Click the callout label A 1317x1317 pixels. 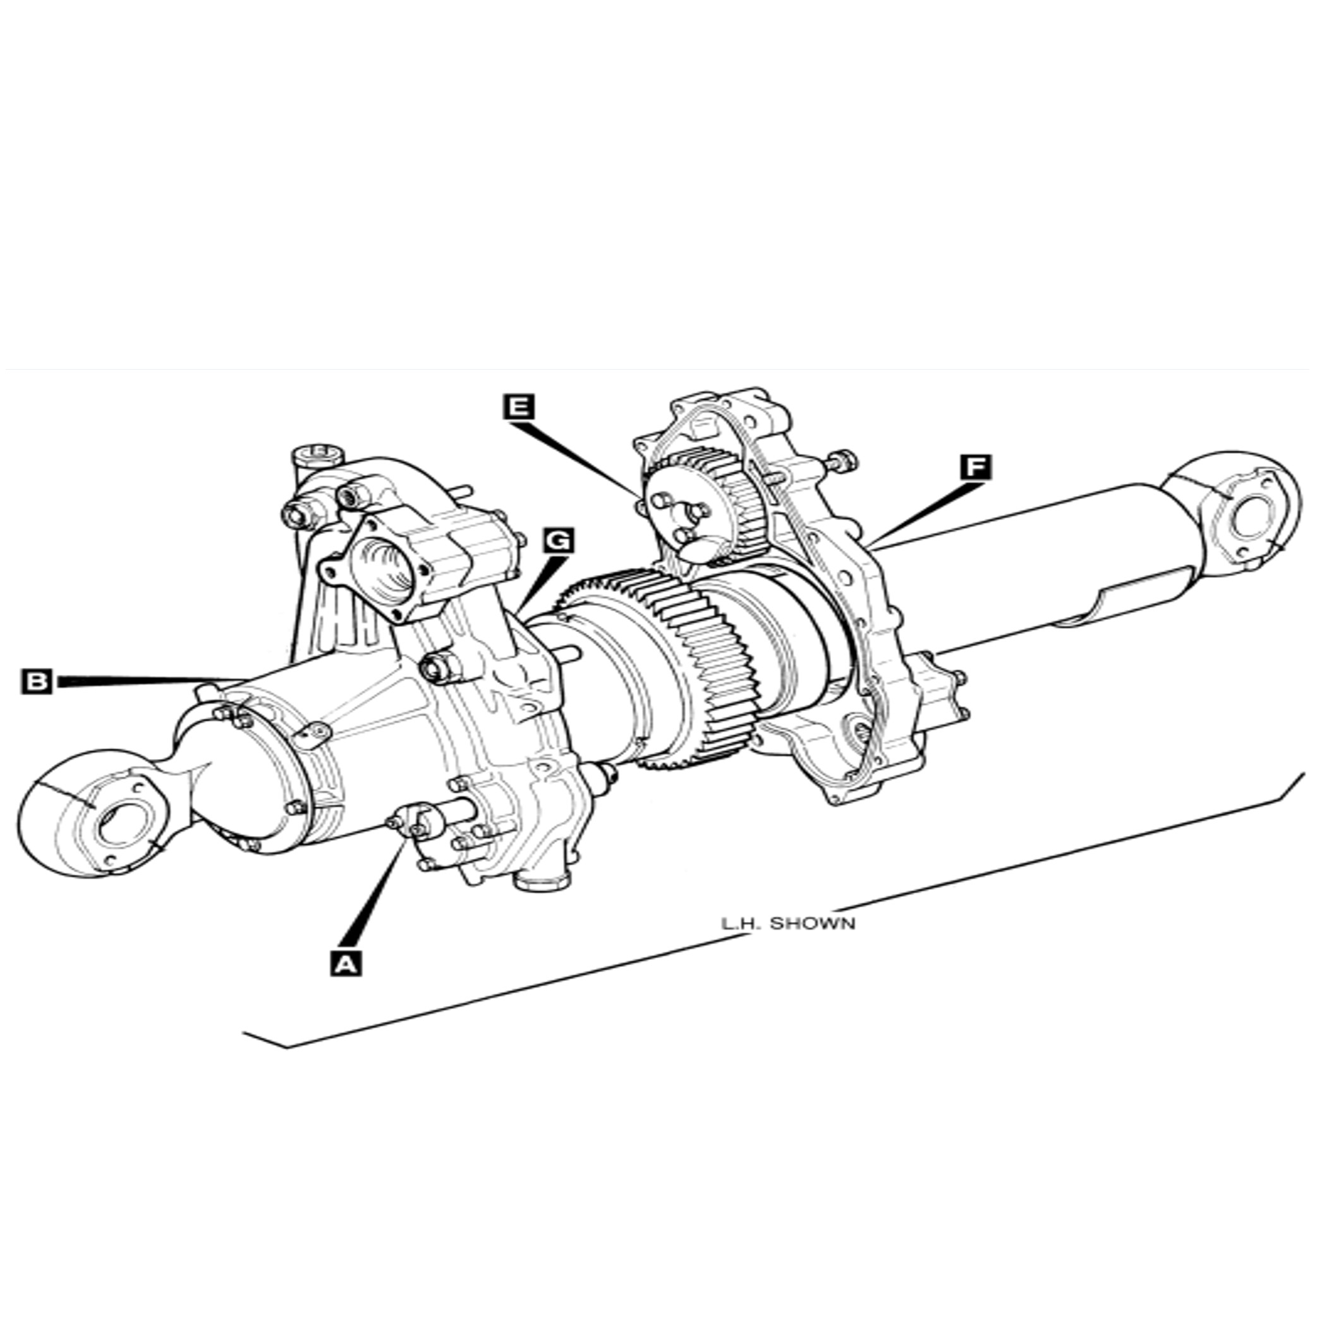pyautogui.click(x=346, y=964)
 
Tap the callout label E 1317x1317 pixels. pyautogui.click(x=519, y=407)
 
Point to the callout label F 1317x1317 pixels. pyautogui.click(x=976, y=468)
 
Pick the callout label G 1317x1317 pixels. pyautogui.click(x=558, y=541)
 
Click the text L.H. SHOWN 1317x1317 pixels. pyautogui.click(x=788, y=925)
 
